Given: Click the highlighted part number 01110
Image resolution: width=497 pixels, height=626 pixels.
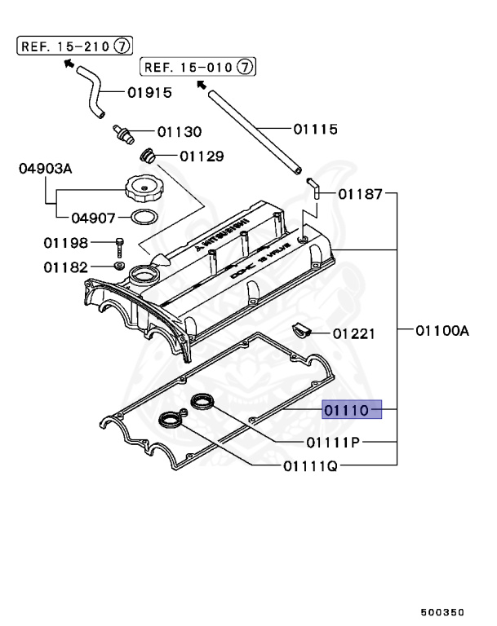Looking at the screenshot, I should (x=352, y=409).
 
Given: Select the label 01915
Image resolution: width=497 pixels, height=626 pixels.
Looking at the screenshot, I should (x=149, y=92).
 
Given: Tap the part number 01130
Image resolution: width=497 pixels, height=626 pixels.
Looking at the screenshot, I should (x=180, y=131).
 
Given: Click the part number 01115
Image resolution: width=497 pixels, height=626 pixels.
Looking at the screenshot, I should (x=316, y=128).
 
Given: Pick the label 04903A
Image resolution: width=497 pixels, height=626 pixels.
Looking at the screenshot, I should (x=46, y=169).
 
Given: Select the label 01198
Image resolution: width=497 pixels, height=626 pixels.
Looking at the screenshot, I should (x=65, y=242).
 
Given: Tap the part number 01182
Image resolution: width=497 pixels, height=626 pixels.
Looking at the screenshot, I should (x=65, y=266).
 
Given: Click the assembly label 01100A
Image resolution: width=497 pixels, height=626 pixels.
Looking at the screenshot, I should (x=442, y=330).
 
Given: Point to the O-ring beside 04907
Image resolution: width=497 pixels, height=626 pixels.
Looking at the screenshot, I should (x=144, y=217).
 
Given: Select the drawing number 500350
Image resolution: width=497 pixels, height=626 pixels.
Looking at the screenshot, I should (x=442, y=609).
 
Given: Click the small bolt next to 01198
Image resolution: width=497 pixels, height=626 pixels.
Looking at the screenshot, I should (x=120, y=244).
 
